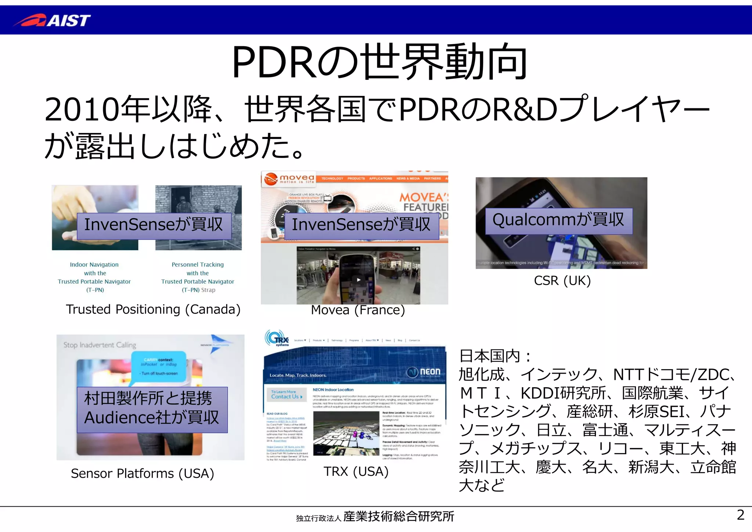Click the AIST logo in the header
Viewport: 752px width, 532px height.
coord(52,20)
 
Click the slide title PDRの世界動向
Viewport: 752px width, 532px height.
coord(379,62)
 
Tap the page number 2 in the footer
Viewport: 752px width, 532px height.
coord(740,515)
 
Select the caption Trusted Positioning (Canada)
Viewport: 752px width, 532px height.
coord(153,309)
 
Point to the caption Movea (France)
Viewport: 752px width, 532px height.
coord(358,310)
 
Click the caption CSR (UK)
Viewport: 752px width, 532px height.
coord(562,281)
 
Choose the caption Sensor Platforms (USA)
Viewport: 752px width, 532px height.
coord(142,474)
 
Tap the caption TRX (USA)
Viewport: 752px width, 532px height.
coord(356,471)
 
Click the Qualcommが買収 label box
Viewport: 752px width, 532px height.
coord(558,221)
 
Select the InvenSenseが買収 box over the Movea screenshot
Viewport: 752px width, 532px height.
coord(361,225)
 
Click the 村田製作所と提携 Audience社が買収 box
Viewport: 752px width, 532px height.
coord(152,409)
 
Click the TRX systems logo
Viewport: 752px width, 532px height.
coord(277,339)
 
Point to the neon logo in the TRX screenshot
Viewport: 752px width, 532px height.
coord(424,372)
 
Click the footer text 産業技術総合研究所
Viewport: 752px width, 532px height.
coord(399,517)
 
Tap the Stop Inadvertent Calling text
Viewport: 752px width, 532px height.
coord(100,345)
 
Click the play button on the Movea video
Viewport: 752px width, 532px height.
coord(359,280)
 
